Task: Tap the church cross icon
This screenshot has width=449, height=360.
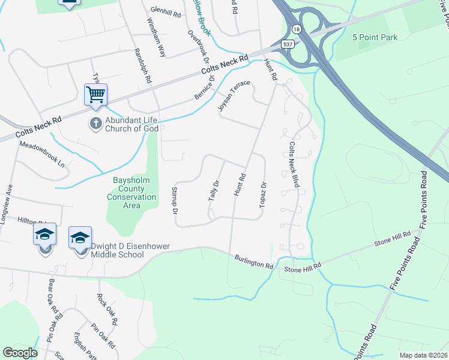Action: pyautogui.click(x=95, y=124)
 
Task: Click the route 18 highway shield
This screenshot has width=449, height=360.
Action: pyautogui.click(x=297, y=28)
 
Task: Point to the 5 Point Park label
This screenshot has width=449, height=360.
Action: pyautogui.click(x=376, y=37)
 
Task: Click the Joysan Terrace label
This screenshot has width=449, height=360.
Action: pyautogui.click(x=234, y=97)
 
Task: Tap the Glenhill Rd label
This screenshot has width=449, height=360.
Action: pyautogui.click(x=166, y=11)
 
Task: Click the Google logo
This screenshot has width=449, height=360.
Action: pyautogui.click(x=20, y=353)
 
